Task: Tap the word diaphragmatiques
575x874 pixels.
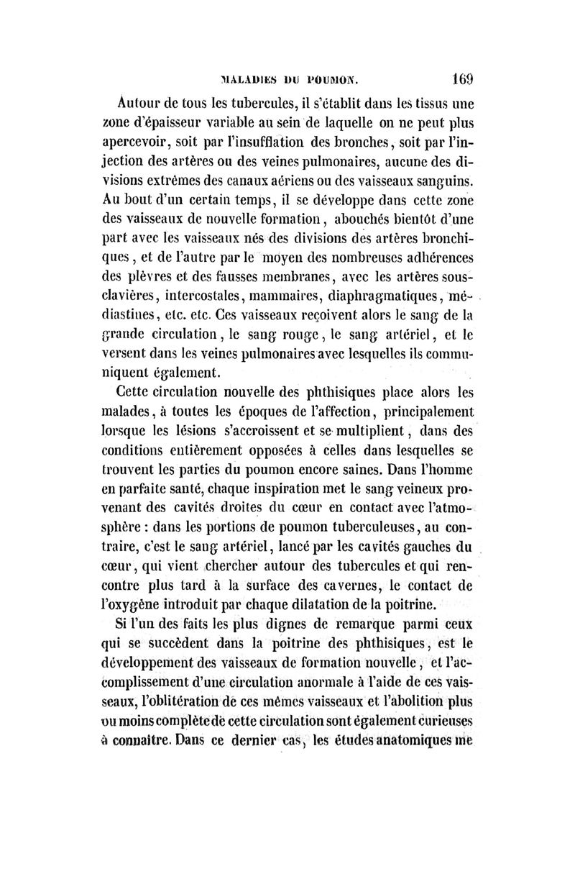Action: pyautogui.click(x=385, y=296)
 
